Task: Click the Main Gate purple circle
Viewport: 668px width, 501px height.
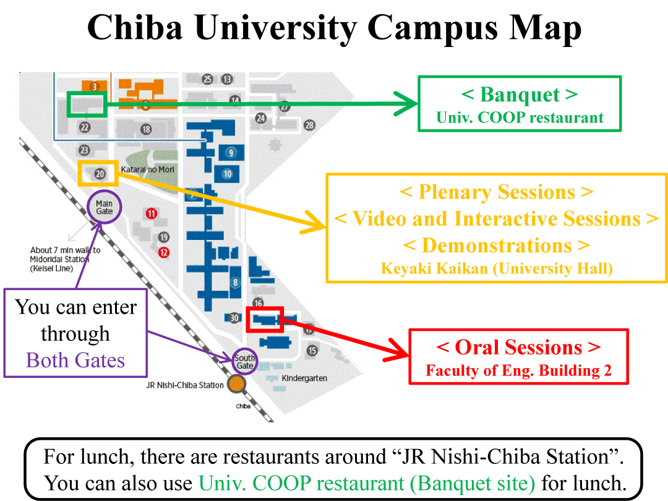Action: [105, 207]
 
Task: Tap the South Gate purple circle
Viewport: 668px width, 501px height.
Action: [245, 362]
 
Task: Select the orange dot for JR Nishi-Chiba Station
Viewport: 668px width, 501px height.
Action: [236, 385]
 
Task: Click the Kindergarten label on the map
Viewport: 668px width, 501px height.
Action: [304, 378]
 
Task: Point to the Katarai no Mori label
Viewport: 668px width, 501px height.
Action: [148, 169]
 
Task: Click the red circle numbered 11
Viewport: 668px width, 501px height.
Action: [152, 213]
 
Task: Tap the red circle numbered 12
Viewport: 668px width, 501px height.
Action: [163, 252]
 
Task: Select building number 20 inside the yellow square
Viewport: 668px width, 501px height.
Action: [100, 174]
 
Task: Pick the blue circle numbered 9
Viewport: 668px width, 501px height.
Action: [231, 152]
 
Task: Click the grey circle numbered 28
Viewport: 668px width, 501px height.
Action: [309, 126]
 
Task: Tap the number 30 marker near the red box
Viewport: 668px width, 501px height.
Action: [233, 318]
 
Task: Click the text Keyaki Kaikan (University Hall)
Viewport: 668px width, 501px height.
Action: [497, 268]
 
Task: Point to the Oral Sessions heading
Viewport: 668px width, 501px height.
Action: [518, 347]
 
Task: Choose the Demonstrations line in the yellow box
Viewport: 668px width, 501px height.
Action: [497, 245]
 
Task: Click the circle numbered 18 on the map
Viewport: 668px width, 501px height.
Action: [146, 129]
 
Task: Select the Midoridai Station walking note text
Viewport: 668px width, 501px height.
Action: [65, 259]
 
